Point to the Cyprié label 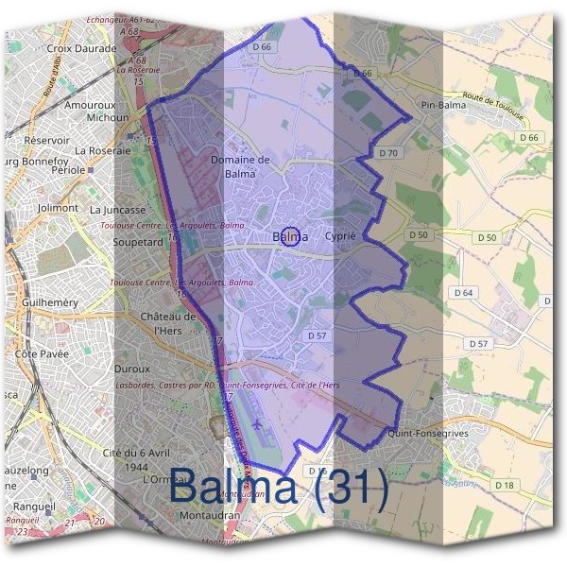pyautogui.click(x=339, y=236)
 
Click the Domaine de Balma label pyautogui.click(x=240, y=166)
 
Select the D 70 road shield pyautogui.click(x=387, y=152)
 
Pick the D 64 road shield pyautogui.click(x=463, y=293)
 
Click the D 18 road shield pyautogui.click(x=506, y=486)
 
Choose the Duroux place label pyautogui.click(x=132, y=369)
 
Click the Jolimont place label pyautogui.click(x=59, y=207)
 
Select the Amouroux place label pyautogui.click(x=90, y=105)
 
